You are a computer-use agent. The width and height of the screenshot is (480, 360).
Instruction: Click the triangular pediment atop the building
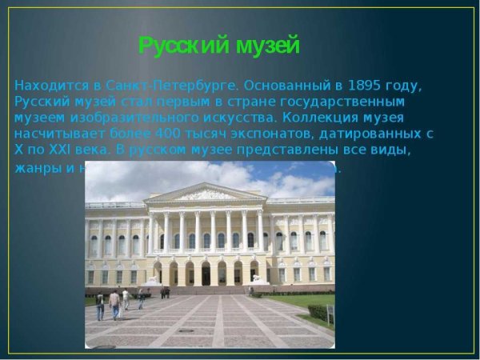click(206, 194)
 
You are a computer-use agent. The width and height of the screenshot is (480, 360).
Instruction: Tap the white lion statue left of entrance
click(151, 281)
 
